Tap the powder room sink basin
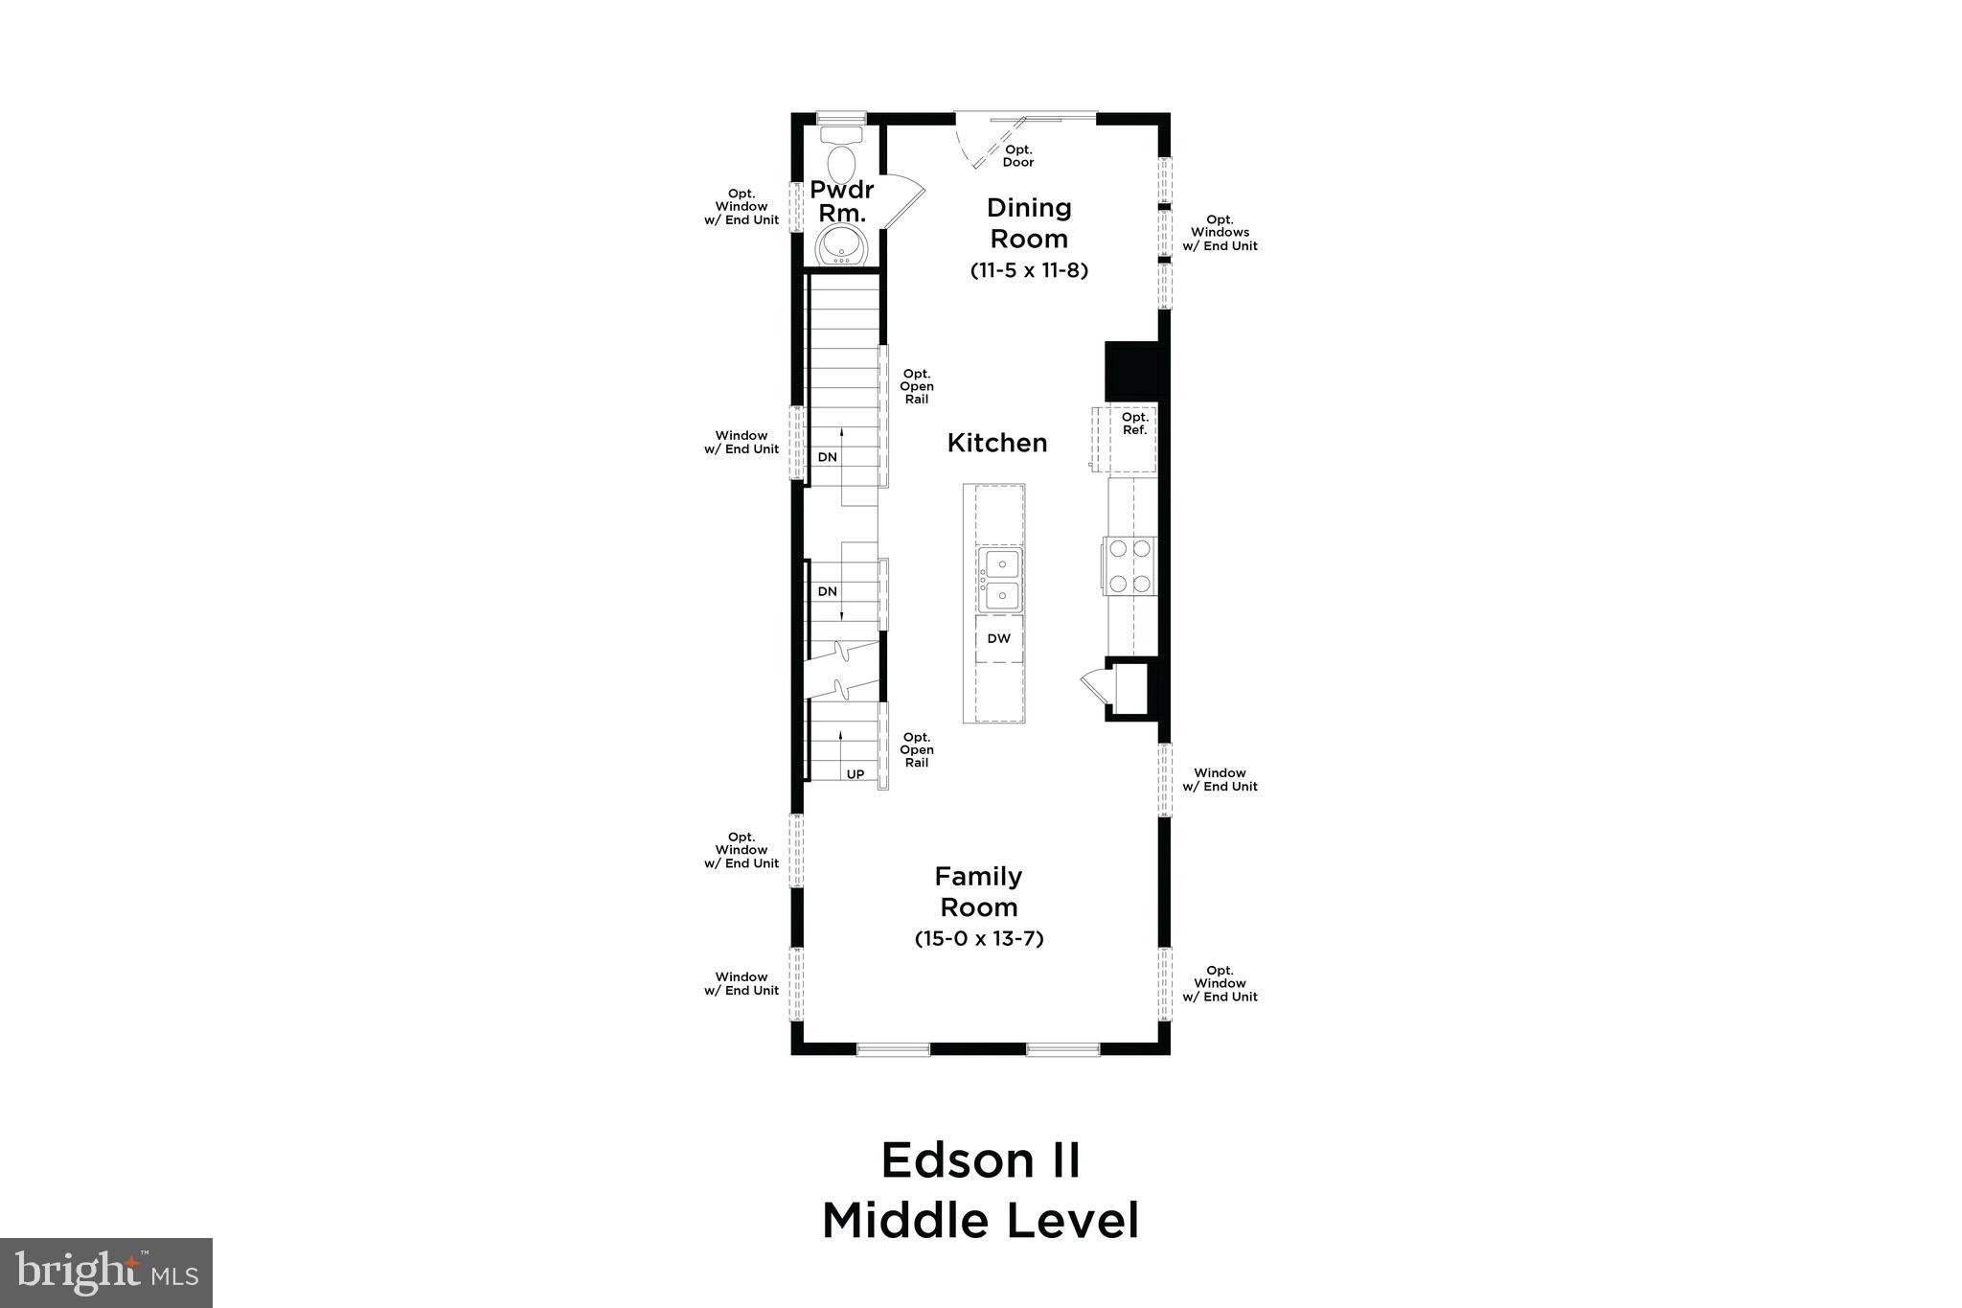[x=842, y=245]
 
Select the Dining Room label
[x=1029, y=222]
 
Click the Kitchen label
[x=997, y=443]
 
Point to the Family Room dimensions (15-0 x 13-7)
[x=979, y=938]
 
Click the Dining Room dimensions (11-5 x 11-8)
[x=1029, y=270]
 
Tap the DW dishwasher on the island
[x=999, y=638]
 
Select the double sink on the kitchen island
[x=1000, y=580]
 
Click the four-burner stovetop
[x=1129, y=565]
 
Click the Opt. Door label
[x=1018, y=155]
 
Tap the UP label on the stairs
[x=856, y=773]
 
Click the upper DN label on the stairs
[x=828, y=457]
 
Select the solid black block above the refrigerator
[x=1131, y=371]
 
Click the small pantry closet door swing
[x=1093, y=686]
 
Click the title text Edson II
[x=980, y=1160]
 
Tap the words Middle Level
[x=980, y=1221]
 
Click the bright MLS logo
[x=106, y=1272]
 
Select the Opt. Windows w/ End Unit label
[x=1220, y=233]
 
